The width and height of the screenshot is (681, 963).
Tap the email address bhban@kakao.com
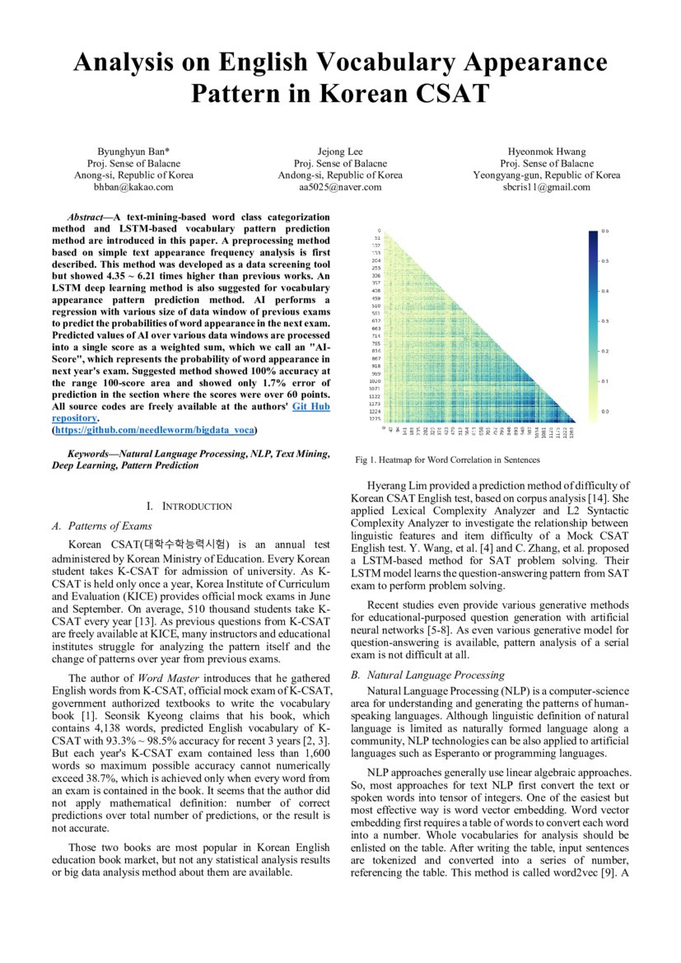133,187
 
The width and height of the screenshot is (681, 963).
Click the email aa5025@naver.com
340,187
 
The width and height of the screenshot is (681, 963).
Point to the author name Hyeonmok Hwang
547,152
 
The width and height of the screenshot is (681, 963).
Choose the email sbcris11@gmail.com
547,187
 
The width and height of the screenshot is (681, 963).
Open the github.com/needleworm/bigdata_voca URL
154,430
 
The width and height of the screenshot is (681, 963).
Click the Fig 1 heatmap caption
447,460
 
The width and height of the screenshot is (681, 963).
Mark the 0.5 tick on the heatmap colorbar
604,261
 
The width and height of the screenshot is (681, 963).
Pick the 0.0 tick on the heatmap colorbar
604,410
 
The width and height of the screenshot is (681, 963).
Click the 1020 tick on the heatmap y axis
375,382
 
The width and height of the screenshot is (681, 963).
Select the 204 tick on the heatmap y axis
376,259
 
